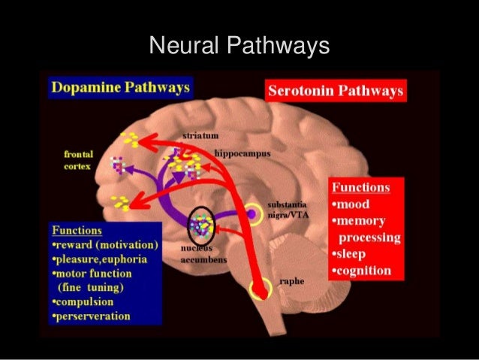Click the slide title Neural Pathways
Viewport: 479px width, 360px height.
(x=239, y=47)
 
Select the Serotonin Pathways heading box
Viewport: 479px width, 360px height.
(x=335, y=92)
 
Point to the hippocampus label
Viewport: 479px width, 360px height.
(x=243, y=153)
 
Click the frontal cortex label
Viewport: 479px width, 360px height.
(x=79, y=159)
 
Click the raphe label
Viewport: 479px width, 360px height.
(x=291, y=283)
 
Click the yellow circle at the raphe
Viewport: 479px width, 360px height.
(x=261, y=289)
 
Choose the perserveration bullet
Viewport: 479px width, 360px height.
(x=92, y=316)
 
